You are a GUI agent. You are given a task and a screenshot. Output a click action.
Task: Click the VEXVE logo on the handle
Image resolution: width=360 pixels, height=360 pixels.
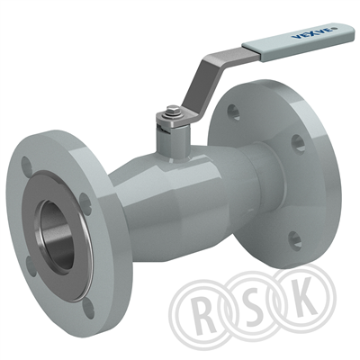tap(312, 32)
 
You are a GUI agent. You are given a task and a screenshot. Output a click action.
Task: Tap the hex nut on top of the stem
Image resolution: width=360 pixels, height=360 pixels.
tap(173, 111)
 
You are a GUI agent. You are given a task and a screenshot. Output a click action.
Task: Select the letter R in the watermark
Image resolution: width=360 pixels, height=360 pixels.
tap(206, 312)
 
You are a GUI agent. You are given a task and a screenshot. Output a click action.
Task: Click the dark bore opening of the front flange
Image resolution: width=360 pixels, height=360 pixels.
tap(58, 235)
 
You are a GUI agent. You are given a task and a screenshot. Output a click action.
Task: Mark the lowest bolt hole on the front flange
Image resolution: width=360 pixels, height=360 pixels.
tap(88, 307)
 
